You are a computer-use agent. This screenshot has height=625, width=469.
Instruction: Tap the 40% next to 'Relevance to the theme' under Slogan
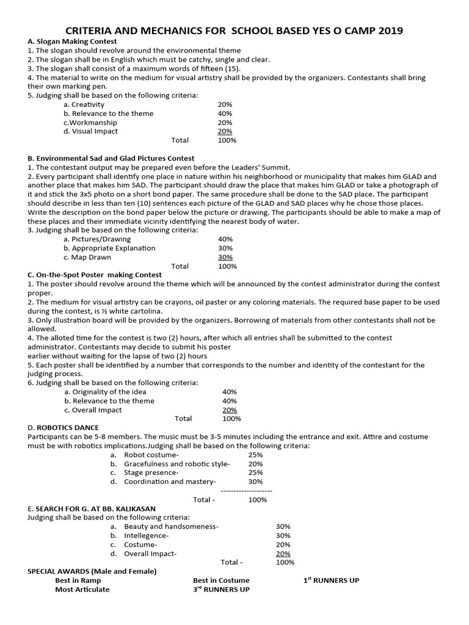(225, 114)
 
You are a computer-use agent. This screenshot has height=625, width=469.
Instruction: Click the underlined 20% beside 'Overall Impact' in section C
(230, 410)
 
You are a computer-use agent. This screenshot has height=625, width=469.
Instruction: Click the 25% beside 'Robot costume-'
(255, 455)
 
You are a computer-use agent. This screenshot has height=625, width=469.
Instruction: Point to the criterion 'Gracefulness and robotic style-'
(176, 464)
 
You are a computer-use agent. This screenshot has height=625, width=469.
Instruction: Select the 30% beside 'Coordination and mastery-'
(255, 482)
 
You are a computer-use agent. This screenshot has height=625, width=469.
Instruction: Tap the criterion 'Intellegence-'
(146, 535)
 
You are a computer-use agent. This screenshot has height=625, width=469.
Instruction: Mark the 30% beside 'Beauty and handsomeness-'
(283, 526)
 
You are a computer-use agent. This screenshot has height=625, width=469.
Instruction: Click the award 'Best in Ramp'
(76, 580)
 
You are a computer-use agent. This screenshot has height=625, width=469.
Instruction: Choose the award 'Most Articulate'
(82, 590)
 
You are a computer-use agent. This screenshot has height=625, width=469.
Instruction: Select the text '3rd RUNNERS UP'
(221, 590)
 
